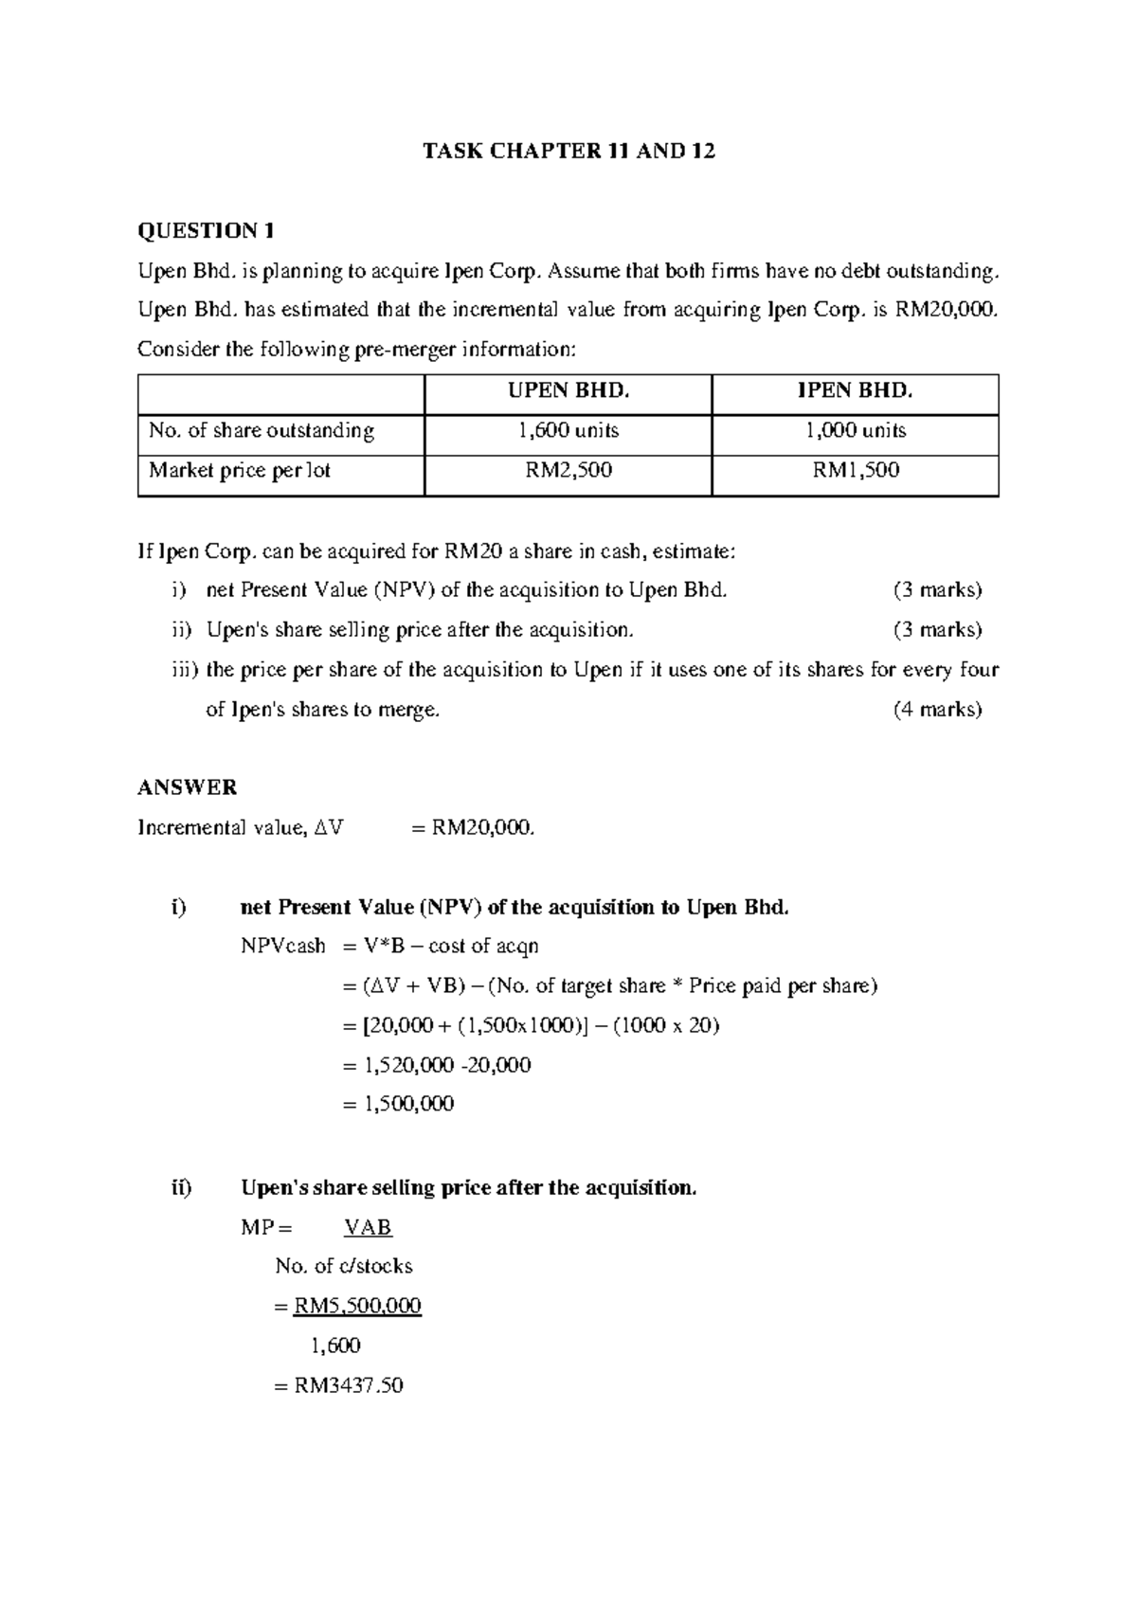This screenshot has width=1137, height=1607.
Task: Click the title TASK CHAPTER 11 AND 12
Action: (568, 151)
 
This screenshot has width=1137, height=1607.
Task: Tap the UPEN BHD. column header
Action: (568, 390)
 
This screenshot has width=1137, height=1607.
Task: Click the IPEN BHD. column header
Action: (855, 390)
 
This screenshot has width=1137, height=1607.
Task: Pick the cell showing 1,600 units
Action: (568, 431)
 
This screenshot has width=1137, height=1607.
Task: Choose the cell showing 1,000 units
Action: (855, 431)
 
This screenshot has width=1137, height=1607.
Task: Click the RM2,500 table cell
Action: (568, 470)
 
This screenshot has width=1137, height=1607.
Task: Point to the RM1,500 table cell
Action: (855, 470)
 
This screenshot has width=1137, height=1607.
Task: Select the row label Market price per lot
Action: (239, 470)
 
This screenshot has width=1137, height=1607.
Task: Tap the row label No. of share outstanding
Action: (261, 431)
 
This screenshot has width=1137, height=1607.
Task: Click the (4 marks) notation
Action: (937, 709)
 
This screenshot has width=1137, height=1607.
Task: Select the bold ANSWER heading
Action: (187, 787)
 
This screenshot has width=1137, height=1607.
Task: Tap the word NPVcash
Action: (282, 946)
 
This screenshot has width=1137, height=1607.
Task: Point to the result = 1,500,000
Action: (398, 1104)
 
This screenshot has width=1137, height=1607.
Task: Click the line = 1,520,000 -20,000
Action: (436, 1065)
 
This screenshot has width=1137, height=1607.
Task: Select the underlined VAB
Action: (368, 1227)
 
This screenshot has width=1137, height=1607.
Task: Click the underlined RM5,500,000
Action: (357, 1306)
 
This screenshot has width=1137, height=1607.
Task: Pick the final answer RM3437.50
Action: (348, 1385)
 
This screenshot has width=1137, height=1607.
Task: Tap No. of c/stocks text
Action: (343, 1266)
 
